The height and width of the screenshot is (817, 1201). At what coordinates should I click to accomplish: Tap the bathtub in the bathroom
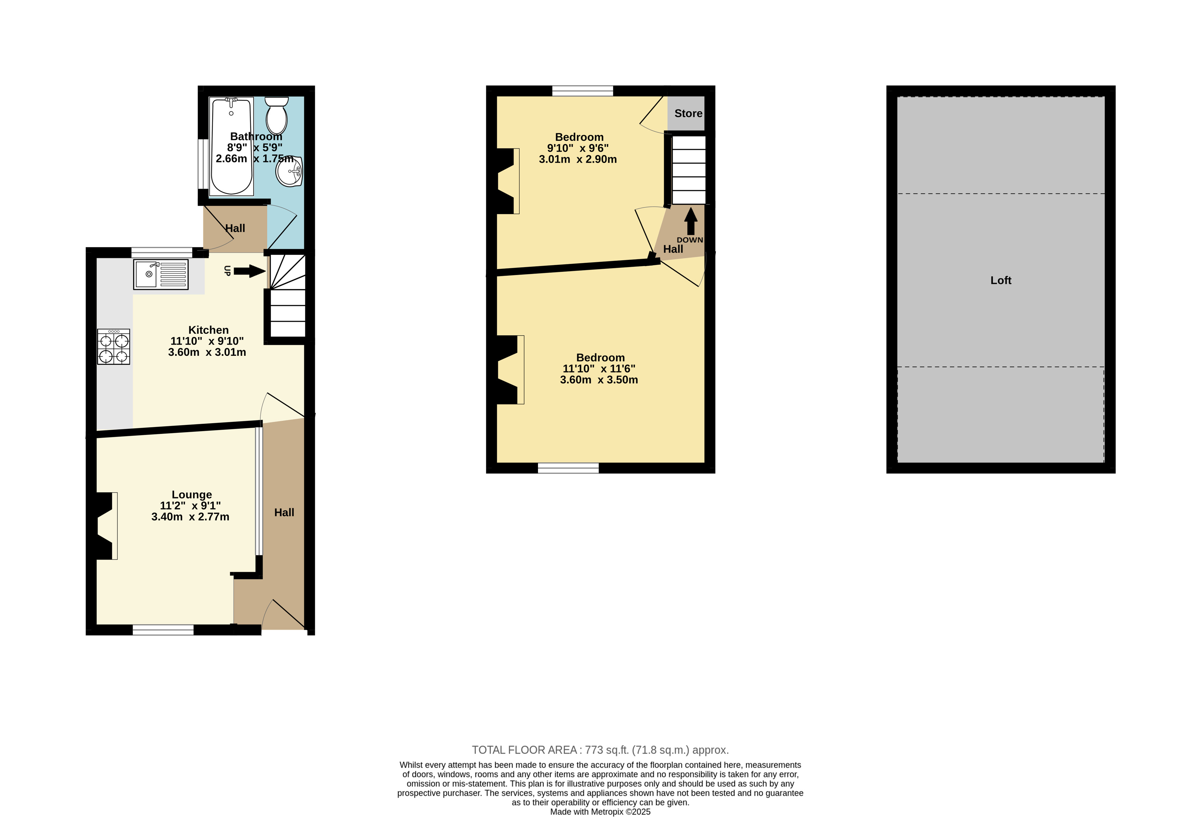pos(232,146)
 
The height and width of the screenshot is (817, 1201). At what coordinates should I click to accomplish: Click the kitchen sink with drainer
pos(161,274)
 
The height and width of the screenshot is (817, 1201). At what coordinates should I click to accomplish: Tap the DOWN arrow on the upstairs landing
pos(690,221)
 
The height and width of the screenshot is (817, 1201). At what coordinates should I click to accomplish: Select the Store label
pos(688,113)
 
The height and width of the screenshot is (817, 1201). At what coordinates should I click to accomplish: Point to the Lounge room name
pos(192,494)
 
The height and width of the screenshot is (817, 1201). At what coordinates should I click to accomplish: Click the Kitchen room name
pos(208,330)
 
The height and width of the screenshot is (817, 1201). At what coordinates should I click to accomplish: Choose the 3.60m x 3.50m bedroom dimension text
pos(599,380)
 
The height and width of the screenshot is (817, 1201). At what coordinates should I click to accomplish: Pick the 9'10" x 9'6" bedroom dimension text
pos(578,148)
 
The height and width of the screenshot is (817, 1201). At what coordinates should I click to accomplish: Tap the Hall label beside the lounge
pos(284,512)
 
